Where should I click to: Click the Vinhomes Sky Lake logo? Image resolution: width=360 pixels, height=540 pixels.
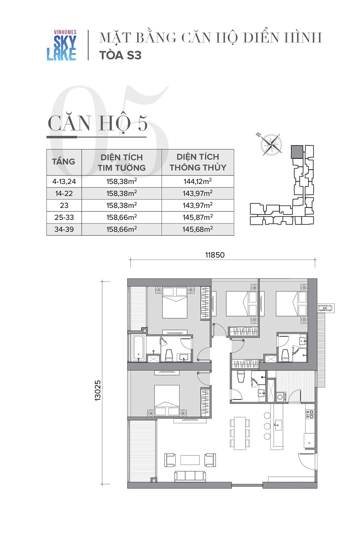[x=62, y=45]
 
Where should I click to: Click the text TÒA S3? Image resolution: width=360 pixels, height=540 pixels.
[x=120, y=55]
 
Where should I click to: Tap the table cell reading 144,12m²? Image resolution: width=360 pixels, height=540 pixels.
[x=198, y=181]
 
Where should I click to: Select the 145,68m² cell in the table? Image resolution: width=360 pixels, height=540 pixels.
[x=198, y=229]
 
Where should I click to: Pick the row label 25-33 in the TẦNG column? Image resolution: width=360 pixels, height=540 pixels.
[x=64, y=217]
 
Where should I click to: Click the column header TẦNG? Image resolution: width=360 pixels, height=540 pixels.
[x=64, y=162]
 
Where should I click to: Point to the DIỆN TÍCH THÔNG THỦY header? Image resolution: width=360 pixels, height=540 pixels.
[x=198, y=162]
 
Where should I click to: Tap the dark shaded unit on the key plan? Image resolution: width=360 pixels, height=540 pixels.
[x=297, y=152]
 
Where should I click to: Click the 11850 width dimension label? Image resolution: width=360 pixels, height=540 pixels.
[x=215, y=255]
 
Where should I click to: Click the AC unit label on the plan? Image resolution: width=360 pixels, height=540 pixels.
[x=325, y=308]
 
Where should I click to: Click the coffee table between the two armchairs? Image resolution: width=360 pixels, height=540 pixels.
[x=190, y=460]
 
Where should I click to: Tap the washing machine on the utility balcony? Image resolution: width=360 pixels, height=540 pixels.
[x=280, y=397]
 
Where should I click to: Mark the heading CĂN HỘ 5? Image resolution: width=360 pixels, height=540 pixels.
[x=98, y=123]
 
